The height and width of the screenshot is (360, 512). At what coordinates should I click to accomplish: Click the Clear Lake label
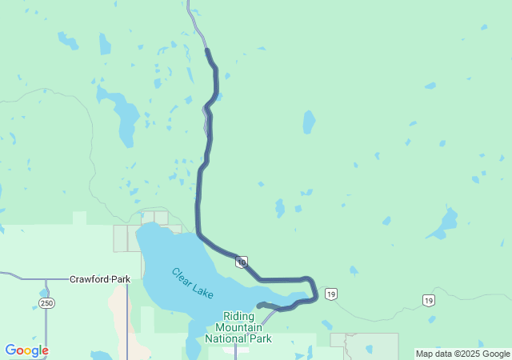tap(192, 283)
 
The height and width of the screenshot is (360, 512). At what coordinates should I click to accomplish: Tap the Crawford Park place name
tap(99, 280)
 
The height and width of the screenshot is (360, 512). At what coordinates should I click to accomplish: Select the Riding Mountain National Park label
tap(238, 327)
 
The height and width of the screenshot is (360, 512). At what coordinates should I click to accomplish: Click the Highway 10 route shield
tap(242, 262)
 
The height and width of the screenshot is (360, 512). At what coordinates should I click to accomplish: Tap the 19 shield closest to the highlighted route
tap(331, 294)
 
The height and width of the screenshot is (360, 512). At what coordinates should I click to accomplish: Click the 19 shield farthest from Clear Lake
tap(429, 299)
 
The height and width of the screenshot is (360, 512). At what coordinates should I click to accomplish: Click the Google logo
tap(26, 350)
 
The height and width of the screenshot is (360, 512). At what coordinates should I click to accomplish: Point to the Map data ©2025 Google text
tap(462, 354)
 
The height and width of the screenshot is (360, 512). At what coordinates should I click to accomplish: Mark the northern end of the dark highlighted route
tap(207, 50)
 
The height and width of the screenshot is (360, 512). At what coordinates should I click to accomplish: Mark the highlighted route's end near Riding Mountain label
tap(258, 305)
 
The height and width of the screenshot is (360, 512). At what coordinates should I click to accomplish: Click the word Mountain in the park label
tap(238, 327)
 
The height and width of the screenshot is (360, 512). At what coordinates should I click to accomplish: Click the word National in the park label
tap(225, 338)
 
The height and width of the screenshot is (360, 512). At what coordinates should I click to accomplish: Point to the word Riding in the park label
tap(238, 316)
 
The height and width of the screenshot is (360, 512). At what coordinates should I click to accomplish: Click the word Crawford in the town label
tap(88, 280)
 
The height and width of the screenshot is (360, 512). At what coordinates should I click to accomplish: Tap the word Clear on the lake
tap(182, 276)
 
